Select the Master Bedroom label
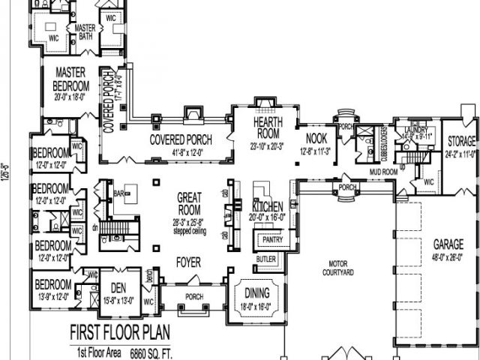coord(72,79)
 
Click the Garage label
coord(447,244)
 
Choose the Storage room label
coord(462,141)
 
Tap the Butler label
coord(266,259)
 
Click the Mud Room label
coord(382,172)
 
